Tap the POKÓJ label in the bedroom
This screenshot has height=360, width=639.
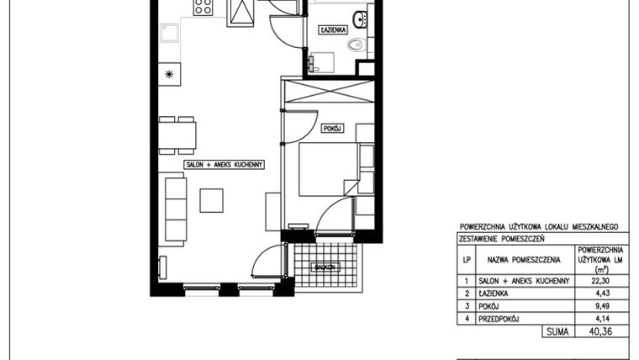330,128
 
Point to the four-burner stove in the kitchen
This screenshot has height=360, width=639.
203,8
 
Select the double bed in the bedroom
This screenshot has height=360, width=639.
329,168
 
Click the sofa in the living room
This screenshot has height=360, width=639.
175,207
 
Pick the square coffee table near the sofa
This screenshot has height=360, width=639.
211,200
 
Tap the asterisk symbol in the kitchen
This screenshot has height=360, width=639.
171,74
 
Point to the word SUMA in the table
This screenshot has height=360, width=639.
555,332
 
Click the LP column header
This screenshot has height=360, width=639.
467,261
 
